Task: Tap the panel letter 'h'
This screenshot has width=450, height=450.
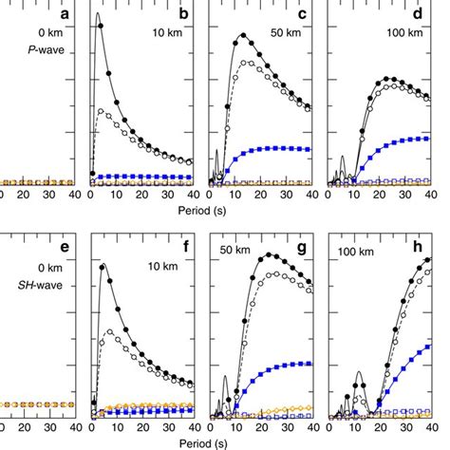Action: tap(419, 249)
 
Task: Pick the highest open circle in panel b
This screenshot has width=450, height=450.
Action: tap(101, 111)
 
